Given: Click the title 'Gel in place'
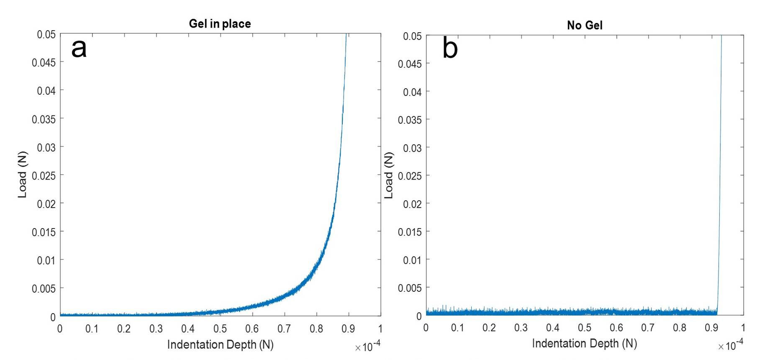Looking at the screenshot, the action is tap(220, 23).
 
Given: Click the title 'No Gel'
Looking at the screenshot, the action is tap(585, 25).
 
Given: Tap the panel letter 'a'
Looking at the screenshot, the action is tap(79, 48).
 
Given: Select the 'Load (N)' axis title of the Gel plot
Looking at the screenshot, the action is tap(22, 175).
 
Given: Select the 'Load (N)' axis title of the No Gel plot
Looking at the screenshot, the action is tap(389, 175).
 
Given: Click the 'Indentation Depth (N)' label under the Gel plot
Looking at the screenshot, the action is tap(220, 345).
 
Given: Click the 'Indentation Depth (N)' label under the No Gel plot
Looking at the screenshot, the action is tap(585, 343).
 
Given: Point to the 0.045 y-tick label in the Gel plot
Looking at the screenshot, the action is tap(44, 62).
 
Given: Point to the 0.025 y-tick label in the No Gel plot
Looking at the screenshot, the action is tap(410, 176).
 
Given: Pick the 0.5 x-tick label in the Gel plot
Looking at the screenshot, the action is tap(220, 329).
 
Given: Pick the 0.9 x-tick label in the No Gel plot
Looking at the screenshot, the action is tap(711, 327).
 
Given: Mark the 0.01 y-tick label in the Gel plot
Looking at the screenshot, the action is tap(46, 260).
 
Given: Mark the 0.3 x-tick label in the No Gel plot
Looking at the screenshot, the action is tap(521, 327).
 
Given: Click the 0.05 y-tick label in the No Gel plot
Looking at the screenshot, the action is tap(412, 36).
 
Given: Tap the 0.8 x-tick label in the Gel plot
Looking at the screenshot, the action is tap(316, 329).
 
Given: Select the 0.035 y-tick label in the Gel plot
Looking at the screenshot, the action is tap(44, 119).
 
